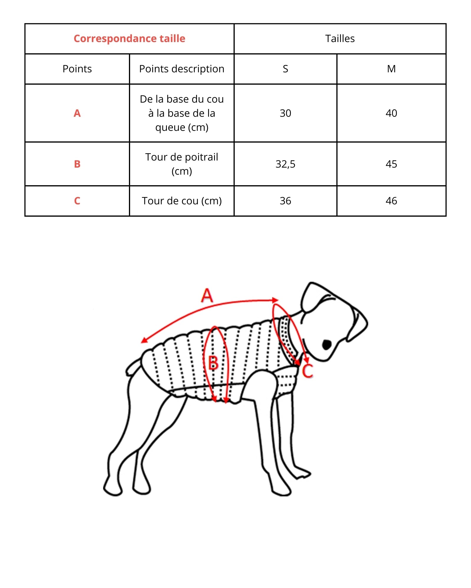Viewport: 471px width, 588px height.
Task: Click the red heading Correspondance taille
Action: pos(129,39)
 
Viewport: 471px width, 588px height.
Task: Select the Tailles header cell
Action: pos(340,39)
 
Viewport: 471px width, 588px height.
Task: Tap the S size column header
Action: pos(285,69)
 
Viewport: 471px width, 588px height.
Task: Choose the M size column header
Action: pos(391,69)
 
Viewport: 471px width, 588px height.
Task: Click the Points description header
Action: pos(182,69)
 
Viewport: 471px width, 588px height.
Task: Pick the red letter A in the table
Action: pos(77,113)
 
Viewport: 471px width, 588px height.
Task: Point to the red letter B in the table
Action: pos(77,164)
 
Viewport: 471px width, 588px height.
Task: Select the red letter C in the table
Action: pos(77,201)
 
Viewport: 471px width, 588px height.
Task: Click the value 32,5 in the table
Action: pos(285,164)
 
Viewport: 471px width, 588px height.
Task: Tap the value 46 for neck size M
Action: pos(391,201)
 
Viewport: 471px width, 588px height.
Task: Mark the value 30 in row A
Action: pos(285,113)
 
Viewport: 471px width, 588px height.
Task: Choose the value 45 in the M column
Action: pos(391,164)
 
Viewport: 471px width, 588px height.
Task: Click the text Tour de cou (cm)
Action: pos(182,201)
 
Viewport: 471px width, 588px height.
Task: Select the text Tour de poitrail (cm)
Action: pos(182,164)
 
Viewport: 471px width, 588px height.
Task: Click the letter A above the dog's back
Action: pos(207,295)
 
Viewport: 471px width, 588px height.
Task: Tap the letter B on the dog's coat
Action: pos(213,363)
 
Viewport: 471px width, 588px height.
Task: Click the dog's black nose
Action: pos(327,344)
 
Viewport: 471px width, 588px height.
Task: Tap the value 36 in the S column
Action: pos(285,201)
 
